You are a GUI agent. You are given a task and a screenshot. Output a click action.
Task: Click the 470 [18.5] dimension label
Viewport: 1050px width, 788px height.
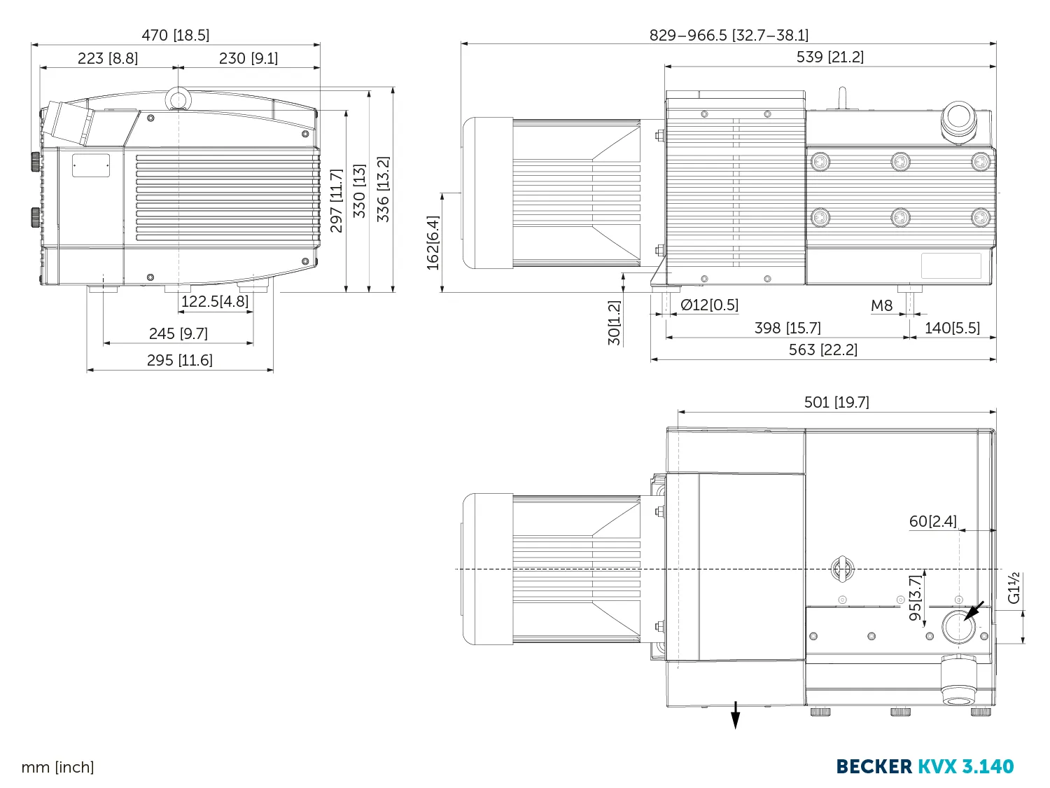176,36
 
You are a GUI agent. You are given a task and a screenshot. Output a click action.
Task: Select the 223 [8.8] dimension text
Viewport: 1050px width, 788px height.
108,58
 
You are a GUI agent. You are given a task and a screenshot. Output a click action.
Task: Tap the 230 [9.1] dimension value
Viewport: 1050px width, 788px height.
248,58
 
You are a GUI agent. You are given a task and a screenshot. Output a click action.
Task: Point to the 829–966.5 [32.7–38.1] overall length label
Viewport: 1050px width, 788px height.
729,36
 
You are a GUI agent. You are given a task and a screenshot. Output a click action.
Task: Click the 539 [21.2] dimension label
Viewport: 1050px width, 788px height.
830,57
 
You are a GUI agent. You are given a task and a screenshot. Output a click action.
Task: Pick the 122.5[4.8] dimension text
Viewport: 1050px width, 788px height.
215,301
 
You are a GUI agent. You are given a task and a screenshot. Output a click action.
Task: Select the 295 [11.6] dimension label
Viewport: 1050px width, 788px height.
179,360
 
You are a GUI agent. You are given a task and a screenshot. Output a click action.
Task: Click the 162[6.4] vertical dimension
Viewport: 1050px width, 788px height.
433,242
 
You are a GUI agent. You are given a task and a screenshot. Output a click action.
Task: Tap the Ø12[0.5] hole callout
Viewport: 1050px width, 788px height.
709,305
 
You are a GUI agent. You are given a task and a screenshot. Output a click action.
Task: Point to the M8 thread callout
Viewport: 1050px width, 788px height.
881,305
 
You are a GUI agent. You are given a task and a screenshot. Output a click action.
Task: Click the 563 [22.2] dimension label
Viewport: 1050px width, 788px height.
822,350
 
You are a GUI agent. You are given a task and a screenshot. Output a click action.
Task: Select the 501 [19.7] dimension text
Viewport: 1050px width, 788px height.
836,402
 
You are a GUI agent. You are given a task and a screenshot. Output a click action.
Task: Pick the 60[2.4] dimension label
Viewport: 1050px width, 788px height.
933,521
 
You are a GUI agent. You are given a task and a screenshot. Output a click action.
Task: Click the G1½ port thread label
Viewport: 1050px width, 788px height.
1014,588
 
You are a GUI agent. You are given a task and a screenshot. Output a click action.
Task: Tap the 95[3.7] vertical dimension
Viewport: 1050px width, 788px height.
915,598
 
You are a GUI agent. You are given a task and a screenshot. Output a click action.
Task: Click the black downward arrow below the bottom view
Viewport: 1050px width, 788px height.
735,715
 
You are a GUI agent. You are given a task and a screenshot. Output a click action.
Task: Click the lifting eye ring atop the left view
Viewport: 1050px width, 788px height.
178,99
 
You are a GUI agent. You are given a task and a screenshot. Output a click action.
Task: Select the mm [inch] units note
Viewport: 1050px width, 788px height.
58,768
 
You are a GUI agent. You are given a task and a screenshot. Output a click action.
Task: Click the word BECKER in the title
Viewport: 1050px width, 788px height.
874,766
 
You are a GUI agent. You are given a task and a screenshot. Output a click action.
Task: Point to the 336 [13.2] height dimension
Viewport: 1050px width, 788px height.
383,189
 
